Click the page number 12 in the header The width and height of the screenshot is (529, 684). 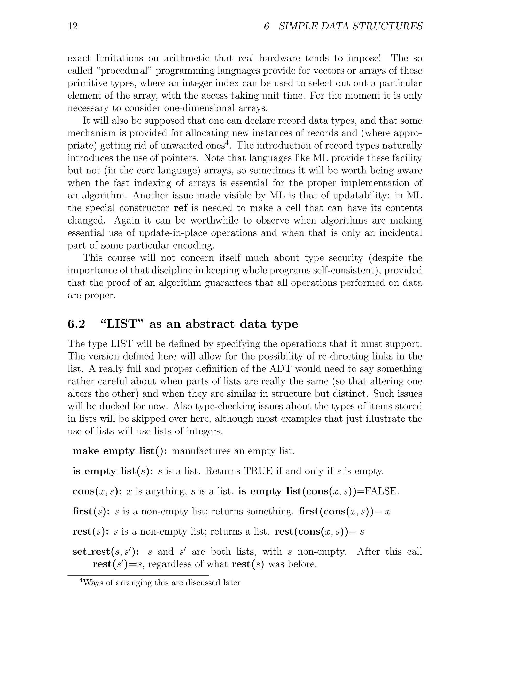point(72,26)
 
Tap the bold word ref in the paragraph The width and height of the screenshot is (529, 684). point(180,208)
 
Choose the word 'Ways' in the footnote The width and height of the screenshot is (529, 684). point(91,583)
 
